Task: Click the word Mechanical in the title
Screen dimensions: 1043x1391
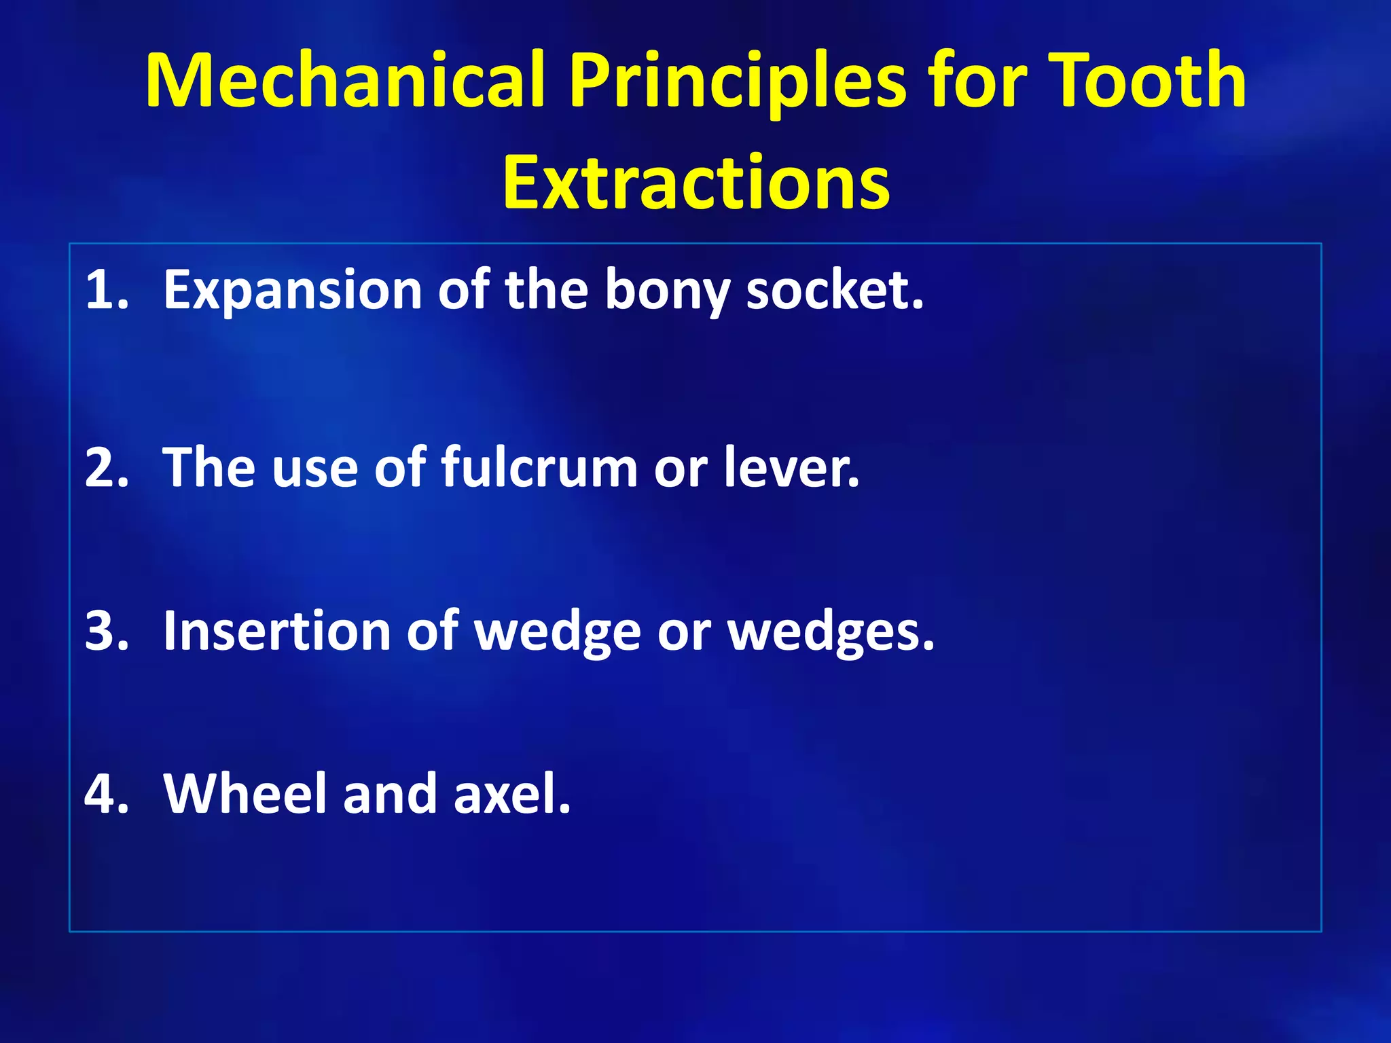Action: [345, 80]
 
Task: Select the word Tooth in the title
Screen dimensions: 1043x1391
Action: [1147, 80]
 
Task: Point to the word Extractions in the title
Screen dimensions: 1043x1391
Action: [695, 182]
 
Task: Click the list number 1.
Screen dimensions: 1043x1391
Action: [106, 290]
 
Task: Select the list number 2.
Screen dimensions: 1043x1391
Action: [106, 468]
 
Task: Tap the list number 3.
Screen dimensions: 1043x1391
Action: [106, 631]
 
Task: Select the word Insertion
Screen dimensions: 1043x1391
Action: [276, 631]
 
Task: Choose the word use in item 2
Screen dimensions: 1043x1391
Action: [314, 468]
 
